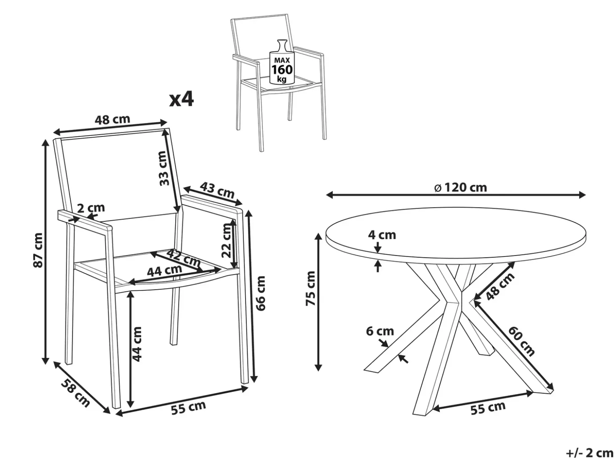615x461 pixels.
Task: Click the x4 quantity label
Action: (x=181, y=100)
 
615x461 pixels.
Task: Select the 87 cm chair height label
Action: (x=38, y=250)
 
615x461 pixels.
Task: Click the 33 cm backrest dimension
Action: (x=164, y=168)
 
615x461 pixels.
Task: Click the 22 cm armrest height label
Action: (x=226, y=240)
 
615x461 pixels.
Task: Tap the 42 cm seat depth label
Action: (x=184, y=258)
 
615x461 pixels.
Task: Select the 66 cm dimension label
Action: (x=261, y=293)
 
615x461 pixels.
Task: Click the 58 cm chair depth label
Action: (x=75, y=393)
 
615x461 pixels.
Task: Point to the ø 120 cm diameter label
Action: (x=461, y=187)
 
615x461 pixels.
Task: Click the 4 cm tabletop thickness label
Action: (x=382, y=235)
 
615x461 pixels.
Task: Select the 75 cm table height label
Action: (x=310, y=288)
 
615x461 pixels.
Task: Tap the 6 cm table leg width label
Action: (x=380, y=331)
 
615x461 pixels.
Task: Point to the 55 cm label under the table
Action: (x=488, y=408)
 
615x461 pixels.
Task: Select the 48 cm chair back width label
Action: (x=112, y=120)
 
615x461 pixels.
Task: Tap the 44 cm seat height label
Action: (x=137, y=344)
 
